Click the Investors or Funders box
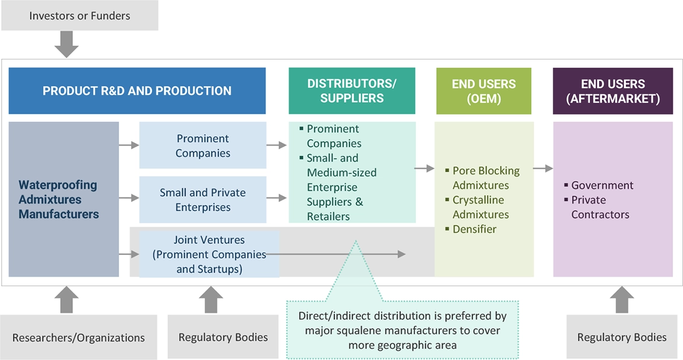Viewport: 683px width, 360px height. pyautogui.click(x=79, y=16)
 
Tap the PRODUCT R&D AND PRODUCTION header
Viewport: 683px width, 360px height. pyautogui.click(x=137, y=90)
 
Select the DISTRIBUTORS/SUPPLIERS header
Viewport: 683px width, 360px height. pyautogui.click(x=351, y=90)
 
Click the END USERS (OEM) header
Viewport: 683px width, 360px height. pyautogui.click(x=484, y=90)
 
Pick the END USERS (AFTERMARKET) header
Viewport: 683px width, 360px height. pyautogui.click(x=612, y=90)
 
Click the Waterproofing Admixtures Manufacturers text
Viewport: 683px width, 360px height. pyautogui.click(x=58, y=200)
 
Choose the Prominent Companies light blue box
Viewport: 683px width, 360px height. pyautogui.click(x=203, y=146)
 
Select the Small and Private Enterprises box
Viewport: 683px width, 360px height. pyautogui.click(x=203, y=200)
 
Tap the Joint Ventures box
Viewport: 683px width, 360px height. pyautogui.click(x=208, y=254)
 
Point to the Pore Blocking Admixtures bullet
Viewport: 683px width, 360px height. pyautogui.click(x=486, y=178)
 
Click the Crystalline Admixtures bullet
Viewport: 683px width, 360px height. pyautogui.click(x=480, y=207)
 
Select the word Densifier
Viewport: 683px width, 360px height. pyautogui.click(x=474, y=229)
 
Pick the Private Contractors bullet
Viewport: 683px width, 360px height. pyautogui.click(x=600, y=207)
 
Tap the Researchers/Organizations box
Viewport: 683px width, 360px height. pyautogui.click(x=78, y=337)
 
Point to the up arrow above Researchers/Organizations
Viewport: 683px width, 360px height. pyautogui.click(x=67, y=300)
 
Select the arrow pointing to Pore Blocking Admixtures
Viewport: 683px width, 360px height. pyautogui.click(x=425, y=169)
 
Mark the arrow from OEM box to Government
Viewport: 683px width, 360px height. pyautogui.click(x=543, y=169)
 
